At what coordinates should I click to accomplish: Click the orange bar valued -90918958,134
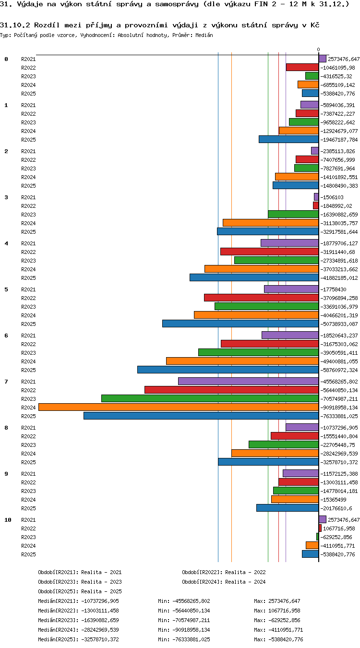coord(179,408)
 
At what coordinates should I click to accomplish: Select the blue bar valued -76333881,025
coord(201,416)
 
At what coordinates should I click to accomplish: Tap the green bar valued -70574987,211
coord(210,398)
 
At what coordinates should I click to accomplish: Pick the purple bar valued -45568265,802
coord(248,381)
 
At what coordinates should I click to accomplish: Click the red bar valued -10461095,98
coord(302,67)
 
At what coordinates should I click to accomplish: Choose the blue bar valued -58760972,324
coord(228,370)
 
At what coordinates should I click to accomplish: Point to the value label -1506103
coord(332,197)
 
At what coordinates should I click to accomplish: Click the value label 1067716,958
coord(339,528)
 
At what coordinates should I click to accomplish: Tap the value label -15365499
coord(333,500)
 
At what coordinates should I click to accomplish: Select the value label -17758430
coord(333,289)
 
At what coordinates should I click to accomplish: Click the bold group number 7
coord(6,382)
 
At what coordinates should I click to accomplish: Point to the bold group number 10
coord(8,520)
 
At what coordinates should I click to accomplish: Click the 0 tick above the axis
coord(318,50)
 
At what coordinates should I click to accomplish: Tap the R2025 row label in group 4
coord(28,278)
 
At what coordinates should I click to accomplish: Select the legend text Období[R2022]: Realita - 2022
coord(224,572)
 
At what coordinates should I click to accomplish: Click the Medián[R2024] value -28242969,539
coord(100,630)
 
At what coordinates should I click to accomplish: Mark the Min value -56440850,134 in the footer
coord(191,611)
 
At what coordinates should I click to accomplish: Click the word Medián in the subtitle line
coord(204,36)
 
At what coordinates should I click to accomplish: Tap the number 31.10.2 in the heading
coord(15,25)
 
